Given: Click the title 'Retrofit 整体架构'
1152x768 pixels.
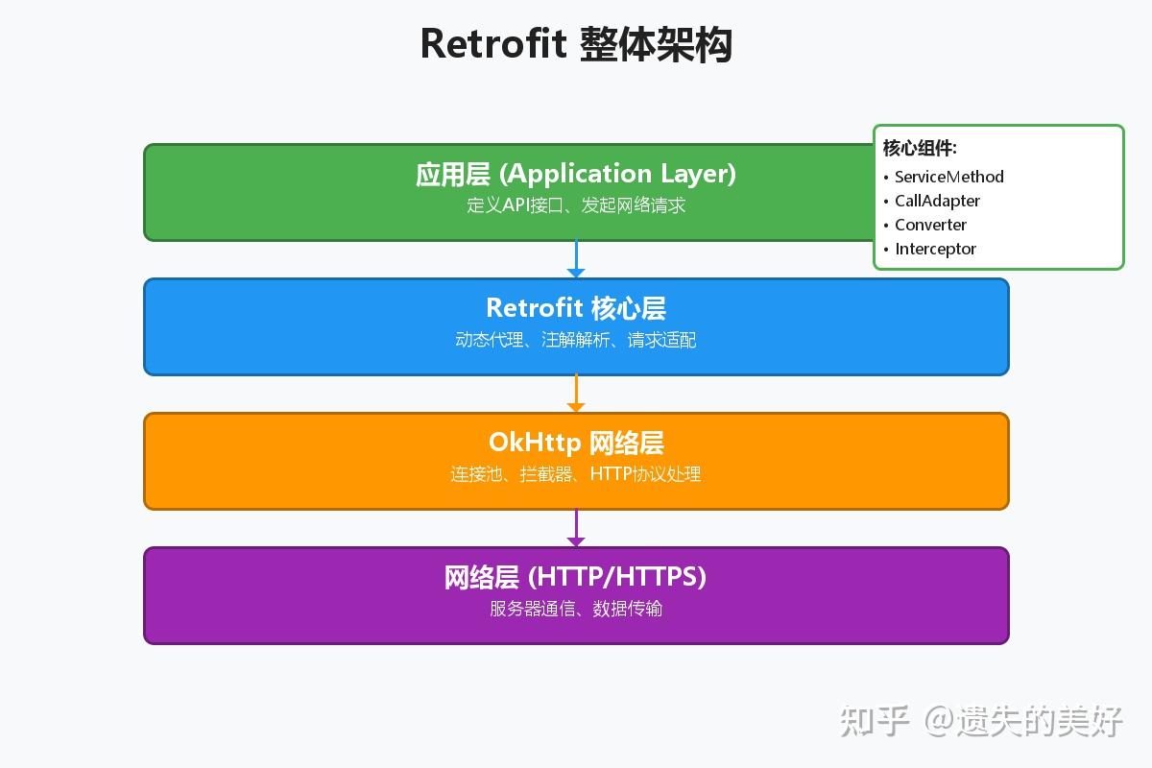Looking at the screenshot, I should coord(576,44).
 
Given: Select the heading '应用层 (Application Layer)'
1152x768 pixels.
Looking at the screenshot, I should coord(576,174).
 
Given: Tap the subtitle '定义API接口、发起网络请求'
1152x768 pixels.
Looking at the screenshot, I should coord(576,205).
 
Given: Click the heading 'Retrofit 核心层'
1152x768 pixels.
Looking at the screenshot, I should coord(576,308).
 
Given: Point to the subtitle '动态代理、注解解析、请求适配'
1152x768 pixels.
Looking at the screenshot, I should coord(576,340).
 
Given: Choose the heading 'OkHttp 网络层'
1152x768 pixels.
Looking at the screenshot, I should coord(576,443).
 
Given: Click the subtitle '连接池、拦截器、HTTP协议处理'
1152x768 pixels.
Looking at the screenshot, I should coord(576,474).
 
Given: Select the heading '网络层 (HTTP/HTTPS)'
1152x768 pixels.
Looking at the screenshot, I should coord(576,577).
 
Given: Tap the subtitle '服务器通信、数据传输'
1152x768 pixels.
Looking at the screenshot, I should coord(576,609).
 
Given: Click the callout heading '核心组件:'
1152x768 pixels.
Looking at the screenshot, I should coord(920,148).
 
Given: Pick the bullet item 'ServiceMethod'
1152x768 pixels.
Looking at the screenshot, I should coord(948,177).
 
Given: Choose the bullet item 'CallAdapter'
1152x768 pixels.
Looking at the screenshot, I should coord(937,201).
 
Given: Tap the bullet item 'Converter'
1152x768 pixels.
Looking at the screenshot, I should coord(930,225).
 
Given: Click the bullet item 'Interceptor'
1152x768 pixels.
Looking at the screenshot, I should coord(935,249).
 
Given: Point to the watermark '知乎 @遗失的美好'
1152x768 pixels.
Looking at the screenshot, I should coord(981,720).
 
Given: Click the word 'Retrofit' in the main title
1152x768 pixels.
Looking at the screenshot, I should coord(493,44).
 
